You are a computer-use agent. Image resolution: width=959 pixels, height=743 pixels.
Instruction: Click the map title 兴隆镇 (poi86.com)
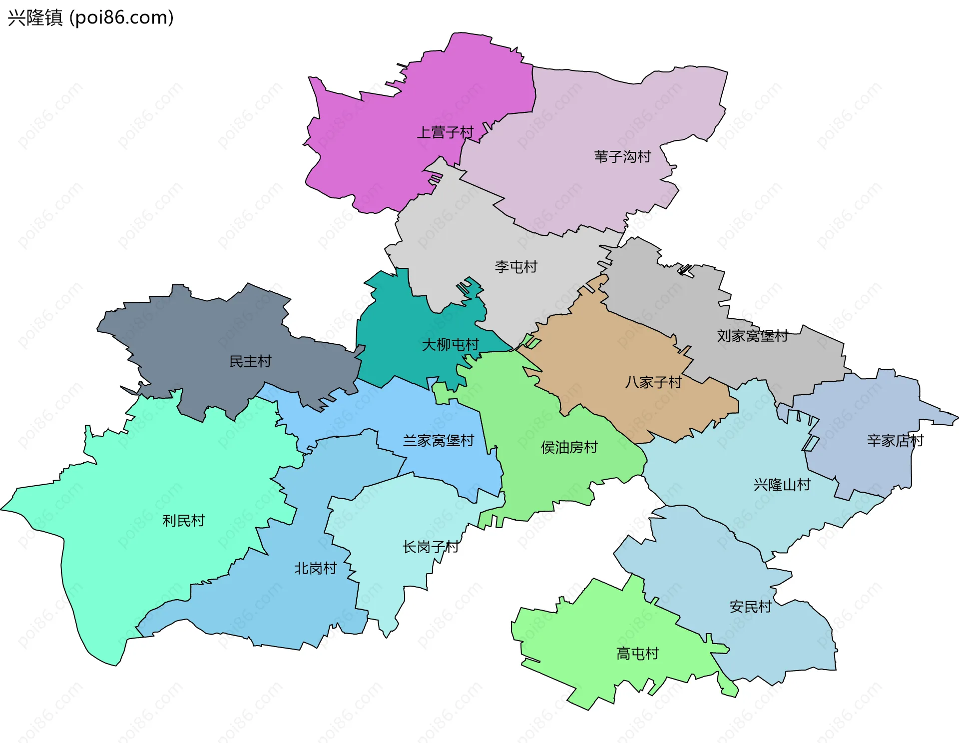[x=90, y=17]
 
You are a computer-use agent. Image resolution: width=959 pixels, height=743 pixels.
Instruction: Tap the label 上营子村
[x=445, y=132]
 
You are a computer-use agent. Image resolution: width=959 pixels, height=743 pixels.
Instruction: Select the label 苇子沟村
[x=622, y=157]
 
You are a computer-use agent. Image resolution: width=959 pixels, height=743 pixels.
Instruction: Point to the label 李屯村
[x=516, y=267]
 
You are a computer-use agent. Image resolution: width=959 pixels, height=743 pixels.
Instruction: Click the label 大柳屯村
[x=450, y=345]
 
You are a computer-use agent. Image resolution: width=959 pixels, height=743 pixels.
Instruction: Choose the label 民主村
[x=250, y=361]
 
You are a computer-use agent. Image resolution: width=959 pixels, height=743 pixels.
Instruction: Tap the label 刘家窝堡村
[x=752, y=336]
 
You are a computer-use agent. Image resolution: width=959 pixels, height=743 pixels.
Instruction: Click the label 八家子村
[x=653, y=382]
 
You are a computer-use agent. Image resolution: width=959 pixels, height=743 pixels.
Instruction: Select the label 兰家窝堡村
[x=438, y=441]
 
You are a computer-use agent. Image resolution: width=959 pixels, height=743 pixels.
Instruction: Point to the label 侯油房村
[x=569, y=447]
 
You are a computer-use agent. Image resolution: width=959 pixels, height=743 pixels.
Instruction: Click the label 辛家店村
[x=895, y=441]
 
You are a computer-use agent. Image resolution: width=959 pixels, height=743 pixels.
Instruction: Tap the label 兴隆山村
[x=782, y=485]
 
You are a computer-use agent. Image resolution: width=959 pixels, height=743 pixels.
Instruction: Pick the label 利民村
[x=183, y=521]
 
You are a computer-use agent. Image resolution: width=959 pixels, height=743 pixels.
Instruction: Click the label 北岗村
[x=315, y=568]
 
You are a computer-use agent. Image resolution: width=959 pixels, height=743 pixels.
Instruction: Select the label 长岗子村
[x=430, y=547]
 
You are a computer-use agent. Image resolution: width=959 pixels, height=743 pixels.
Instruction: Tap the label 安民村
[x=750, y=607]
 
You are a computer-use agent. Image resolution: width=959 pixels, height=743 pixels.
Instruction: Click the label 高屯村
[x=637, y=654]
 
